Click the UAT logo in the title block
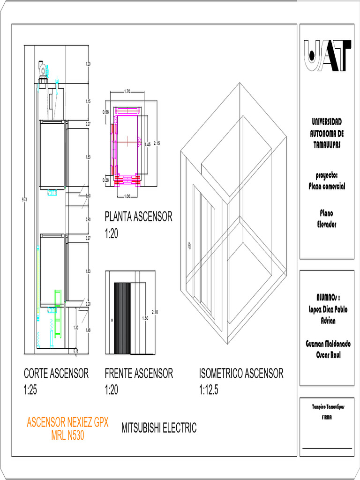point(328,56)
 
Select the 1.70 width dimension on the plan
point(127,91)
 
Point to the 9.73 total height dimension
point(24,200)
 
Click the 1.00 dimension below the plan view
point(127,196)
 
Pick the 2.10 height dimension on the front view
point(155,312)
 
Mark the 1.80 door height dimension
point(145,318)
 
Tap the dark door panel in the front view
point(121,319)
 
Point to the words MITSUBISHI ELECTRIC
point(159,427)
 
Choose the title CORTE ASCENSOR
point(56,374)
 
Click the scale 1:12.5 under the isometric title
point(209,390)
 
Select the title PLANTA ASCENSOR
point(138,217)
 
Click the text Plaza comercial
point(327,186)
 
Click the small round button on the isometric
point(189,245)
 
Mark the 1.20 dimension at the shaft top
point(88,64)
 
